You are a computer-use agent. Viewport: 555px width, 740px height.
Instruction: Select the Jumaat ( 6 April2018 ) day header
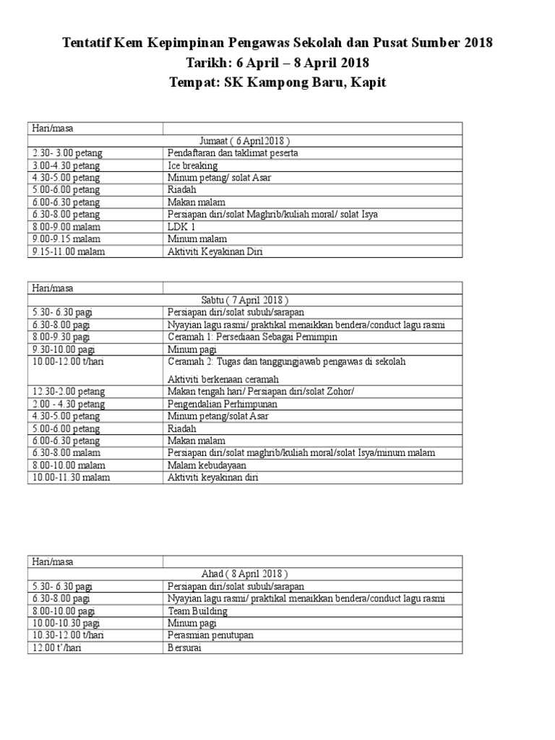coord(246,140)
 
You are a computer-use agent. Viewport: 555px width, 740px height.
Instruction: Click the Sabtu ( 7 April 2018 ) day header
coord(245,300)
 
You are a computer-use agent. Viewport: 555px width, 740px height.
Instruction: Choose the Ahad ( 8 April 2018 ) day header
coord(245,573)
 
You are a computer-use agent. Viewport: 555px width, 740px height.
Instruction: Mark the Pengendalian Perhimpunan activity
coord(222,404)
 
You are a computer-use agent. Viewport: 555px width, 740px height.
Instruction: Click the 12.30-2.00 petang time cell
coord(69,392)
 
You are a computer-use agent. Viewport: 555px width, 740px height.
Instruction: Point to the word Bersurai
coord(186,647)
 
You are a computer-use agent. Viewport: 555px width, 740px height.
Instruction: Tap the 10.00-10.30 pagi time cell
coord(66,623)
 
